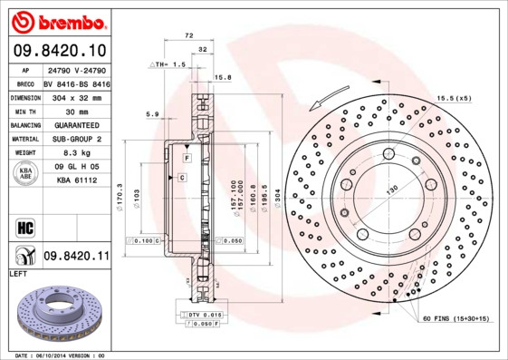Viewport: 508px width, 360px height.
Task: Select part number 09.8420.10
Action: pos(59,51)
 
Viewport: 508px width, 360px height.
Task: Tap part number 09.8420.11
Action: pos(77,257)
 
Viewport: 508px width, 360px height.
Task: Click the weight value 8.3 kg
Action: pos(77,153)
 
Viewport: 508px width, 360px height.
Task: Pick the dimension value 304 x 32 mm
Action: pos(77,97)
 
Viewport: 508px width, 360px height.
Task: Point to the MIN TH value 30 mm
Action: pos(77,111)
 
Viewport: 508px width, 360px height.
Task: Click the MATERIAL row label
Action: pos(24,139)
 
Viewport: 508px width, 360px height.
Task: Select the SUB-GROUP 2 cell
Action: pos(77,139)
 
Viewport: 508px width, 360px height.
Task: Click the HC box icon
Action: pos(24,225)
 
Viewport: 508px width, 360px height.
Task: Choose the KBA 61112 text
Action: pos(77,181)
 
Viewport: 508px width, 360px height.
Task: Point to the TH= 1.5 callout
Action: pos(168,65)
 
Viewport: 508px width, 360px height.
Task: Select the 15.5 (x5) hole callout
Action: pos(454,97)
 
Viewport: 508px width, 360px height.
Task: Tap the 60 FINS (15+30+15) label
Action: pos(455,319)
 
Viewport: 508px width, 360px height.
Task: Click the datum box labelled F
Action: pos(186,159)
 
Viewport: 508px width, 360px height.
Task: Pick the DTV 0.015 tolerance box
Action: pos(205,313)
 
